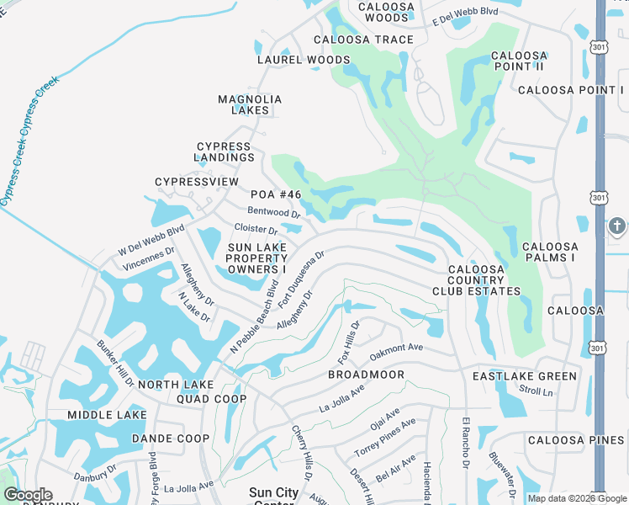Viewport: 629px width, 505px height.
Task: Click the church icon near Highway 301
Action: tap(616, 226)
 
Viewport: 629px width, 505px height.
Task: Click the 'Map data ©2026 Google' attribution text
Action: tap(577, 498)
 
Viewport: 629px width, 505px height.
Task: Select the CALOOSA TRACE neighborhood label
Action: tap(363, 40)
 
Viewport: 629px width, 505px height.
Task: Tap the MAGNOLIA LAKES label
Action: tap(250, 104)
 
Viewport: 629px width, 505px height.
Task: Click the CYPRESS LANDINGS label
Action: tap(224, 151)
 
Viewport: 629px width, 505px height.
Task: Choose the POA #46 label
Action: tap(276, 194)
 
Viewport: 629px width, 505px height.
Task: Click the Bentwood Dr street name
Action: tap(273, 212)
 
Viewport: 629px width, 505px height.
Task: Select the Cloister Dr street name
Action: tap(256, 228)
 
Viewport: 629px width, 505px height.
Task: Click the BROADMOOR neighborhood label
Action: tap(366, 375)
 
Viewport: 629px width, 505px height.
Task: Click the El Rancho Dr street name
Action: tap(465, 441)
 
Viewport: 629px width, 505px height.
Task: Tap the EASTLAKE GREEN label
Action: tap(525, 376)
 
